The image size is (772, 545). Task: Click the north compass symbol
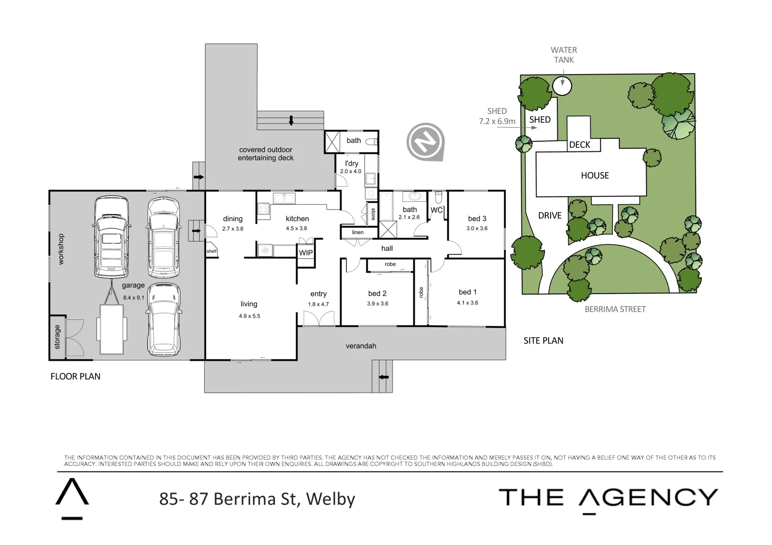[425, 142]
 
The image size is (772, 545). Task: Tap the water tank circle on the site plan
[562, 86]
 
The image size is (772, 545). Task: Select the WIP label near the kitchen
[306, 253]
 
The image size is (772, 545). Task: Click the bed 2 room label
[377, 293]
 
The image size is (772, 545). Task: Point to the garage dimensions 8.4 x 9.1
[133, 298]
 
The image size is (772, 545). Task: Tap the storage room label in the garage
[57, 337]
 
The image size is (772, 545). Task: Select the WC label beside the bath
[437, 210]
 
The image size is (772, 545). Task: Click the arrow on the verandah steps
[383, 377]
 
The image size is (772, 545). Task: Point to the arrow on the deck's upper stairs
[291, 121]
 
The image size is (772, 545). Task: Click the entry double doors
[319, 318]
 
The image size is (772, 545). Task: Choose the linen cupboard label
[358, 233]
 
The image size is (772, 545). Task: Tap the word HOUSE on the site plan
[595, 176]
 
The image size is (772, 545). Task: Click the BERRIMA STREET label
[615, 309]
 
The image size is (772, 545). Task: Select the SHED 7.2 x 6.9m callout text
[497, 116]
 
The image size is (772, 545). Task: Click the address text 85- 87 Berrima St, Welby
[257, 499]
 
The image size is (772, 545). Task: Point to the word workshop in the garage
[61, 249]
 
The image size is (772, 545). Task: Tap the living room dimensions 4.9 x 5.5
[250, 316]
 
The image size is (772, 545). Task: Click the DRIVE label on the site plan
[550, 215]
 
